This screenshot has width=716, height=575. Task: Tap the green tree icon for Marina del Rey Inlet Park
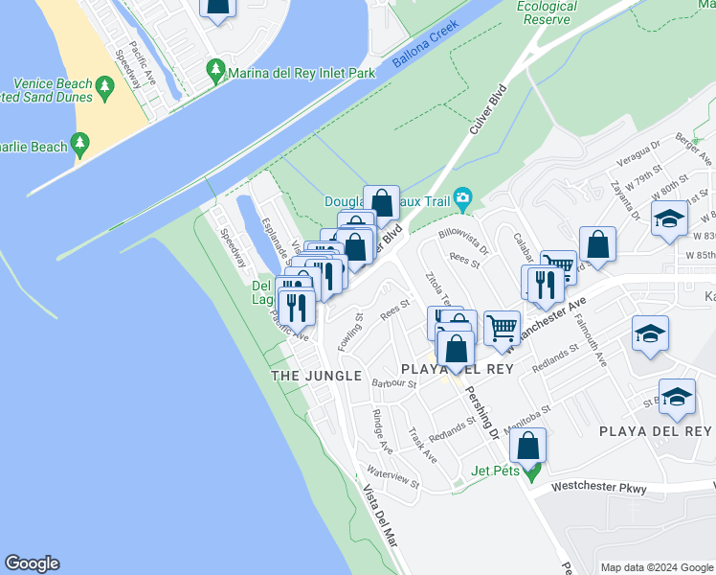(x=216, y=71)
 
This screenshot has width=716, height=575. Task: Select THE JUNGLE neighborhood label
(x=316, y=376)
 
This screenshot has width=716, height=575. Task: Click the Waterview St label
(x=392, y=476)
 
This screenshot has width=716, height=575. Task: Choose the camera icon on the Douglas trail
(x=463, y=199)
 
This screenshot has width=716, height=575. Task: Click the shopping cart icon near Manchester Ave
(x=502, y=328)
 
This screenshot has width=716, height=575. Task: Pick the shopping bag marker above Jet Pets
(x=527, y=445)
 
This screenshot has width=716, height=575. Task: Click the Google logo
(x=32, y=563)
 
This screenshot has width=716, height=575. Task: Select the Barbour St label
(x=394, y=383)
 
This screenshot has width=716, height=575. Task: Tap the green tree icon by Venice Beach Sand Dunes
(x=104, y=88)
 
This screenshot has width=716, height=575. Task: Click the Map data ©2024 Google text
(x=656, y=567)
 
